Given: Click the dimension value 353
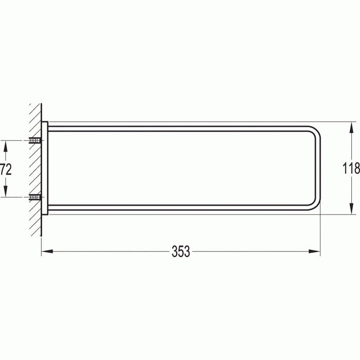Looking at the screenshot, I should (x=181, y=251).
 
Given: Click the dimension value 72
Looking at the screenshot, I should (x=6, y=168).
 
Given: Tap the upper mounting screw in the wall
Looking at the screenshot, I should (x=35, y=140).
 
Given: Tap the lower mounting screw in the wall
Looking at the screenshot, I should (x=35, y=196).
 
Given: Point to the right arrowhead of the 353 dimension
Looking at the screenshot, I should (x=318, y=251).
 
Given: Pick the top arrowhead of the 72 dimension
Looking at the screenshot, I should (x=6, y=143).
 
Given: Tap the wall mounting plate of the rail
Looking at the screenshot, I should (x=45, y=168).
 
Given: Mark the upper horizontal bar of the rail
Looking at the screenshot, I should (x=180, y=126).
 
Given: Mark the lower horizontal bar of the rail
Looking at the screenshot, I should (x=180, y=210).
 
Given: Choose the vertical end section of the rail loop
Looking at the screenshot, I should (x=319, y=168).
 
